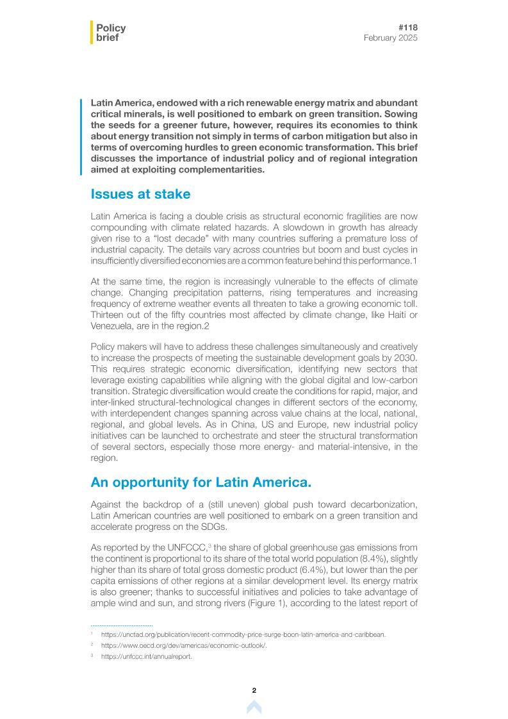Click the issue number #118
click(407, 28)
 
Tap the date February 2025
click(390, 38)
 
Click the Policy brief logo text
click(110, 33)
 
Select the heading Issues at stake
click(140, 194)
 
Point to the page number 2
click(254, 690)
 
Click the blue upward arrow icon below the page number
click(254, 707)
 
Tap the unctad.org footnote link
click(243, 634)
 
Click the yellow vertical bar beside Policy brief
click(92, 33)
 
